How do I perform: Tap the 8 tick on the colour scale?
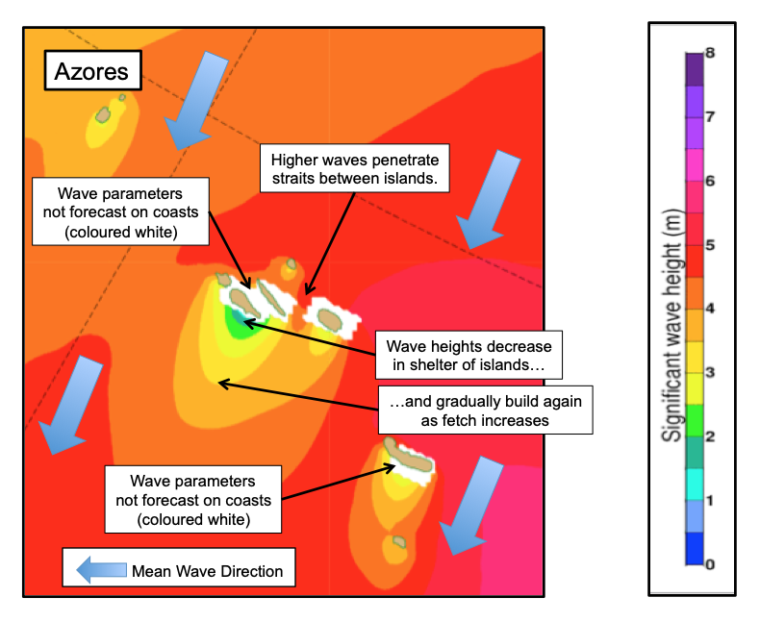[710, 53]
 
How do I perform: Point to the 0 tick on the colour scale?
[710, 564]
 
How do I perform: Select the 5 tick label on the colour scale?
[710, 244]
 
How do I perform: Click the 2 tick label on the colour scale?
[710, 436]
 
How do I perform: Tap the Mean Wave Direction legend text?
[207, 571]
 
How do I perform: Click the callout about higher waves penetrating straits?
[354, 169]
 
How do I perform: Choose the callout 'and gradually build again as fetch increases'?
[483, 411]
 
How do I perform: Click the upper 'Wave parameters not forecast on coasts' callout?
[119, 210]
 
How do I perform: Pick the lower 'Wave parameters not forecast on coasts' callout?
[193, 499]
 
